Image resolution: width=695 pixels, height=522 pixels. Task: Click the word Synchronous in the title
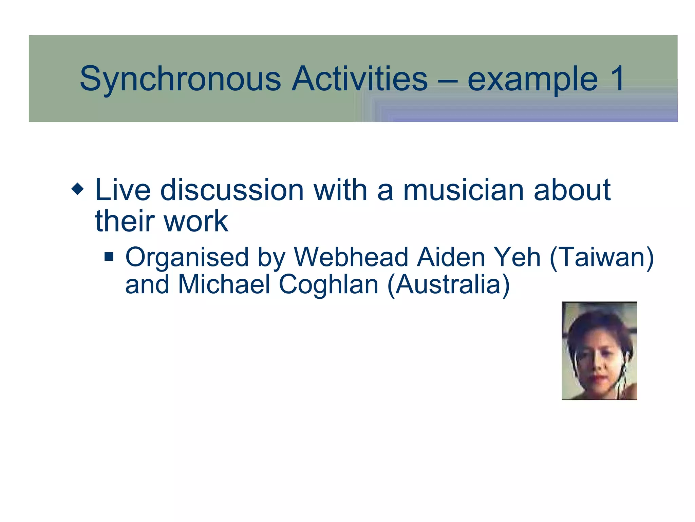pos(180,79)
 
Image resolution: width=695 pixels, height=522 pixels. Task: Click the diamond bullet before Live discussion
pos(78,189)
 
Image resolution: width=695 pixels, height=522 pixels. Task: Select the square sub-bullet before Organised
pos(109,256)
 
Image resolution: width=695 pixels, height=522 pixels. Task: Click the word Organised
pos(187,258)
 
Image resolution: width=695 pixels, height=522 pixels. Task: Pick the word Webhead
pos(351,257)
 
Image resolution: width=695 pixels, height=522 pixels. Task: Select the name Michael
pos(224,284)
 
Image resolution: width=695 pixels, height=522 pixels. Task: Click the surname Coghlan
pos(328,285)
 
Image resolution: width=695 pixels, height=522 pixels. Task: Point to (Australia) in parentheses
pos(448,285)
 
